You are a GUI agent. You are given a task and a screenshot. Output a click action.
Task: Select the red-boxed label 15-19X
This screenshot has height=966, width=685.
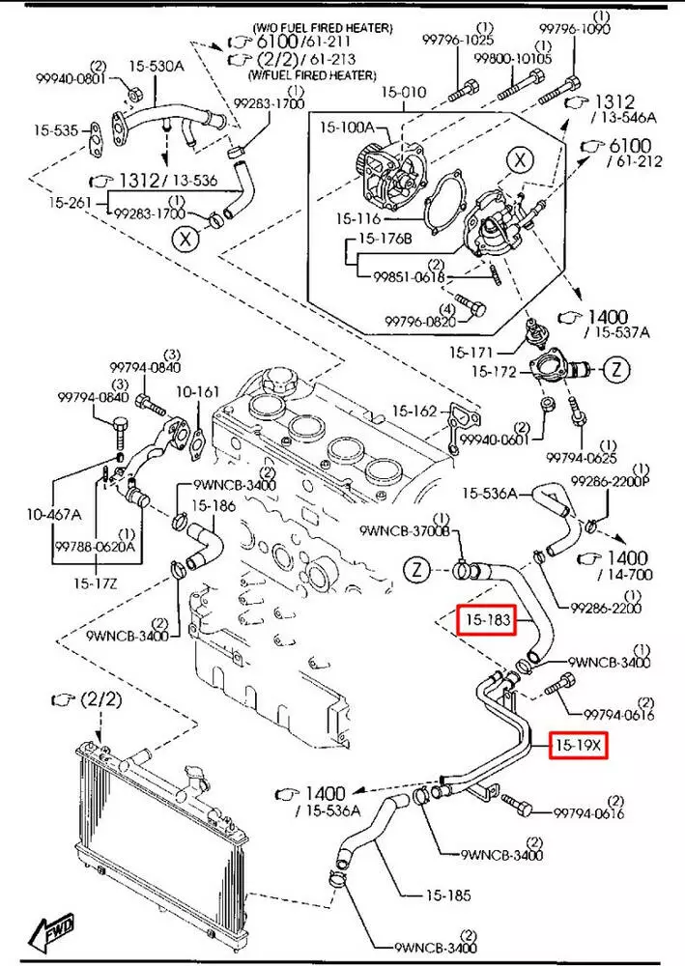tap(578, 746)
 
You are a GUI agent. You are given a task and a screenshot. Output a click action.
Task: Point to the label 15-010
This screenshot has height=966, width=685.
tap(402, 93)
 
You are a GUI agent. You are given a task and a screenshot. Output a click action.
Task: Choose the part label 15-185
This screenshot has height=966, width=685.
tap(446, 895)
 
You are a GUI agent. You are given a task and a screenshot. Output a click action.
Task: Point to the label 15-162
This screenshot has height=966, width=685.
tap(417, 412)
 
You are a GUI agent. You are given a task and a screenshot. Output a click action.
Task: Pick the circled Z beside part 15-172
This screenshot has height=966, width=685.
tap(619, 368)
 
